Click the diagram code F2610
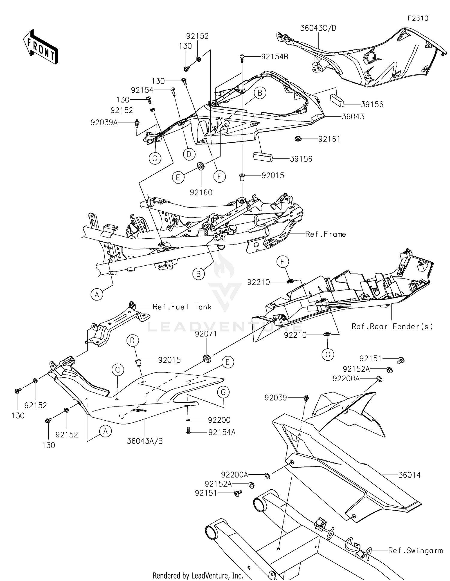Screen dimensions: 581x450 coord(418,18)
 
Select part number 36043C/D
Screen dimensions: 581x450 coord(318,28)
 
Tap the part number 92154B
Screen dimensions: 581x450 coord(274,57)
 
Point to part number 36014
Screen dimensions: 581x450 coord(409,475)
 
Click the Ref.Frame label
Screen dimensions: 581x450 coord(325,234)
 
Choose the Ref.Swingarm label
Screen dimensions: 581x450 coord(415,550)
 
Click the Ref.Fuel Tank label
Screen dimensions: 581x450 coord(182,307)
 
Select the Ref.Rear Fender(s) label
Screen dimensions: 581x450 coord(392,326)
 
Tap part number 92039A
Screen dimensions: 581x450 coord(104,122)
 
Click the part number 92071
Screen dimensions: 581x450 coord(205,334)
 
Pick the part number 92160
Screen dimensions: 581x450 coord(201,192)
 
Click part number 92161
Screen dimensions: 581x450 coord(329,139)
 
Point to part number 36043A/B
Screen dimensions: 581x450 coord(145,441)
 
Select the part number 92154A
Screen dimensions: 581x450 coord(222,432)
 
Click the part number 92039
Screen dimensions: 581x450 coord(276,398)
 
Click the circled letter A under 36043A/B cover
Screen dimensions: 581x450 coord(105,431)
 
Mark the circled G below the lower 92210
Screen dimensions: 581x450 coord(328,355)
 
